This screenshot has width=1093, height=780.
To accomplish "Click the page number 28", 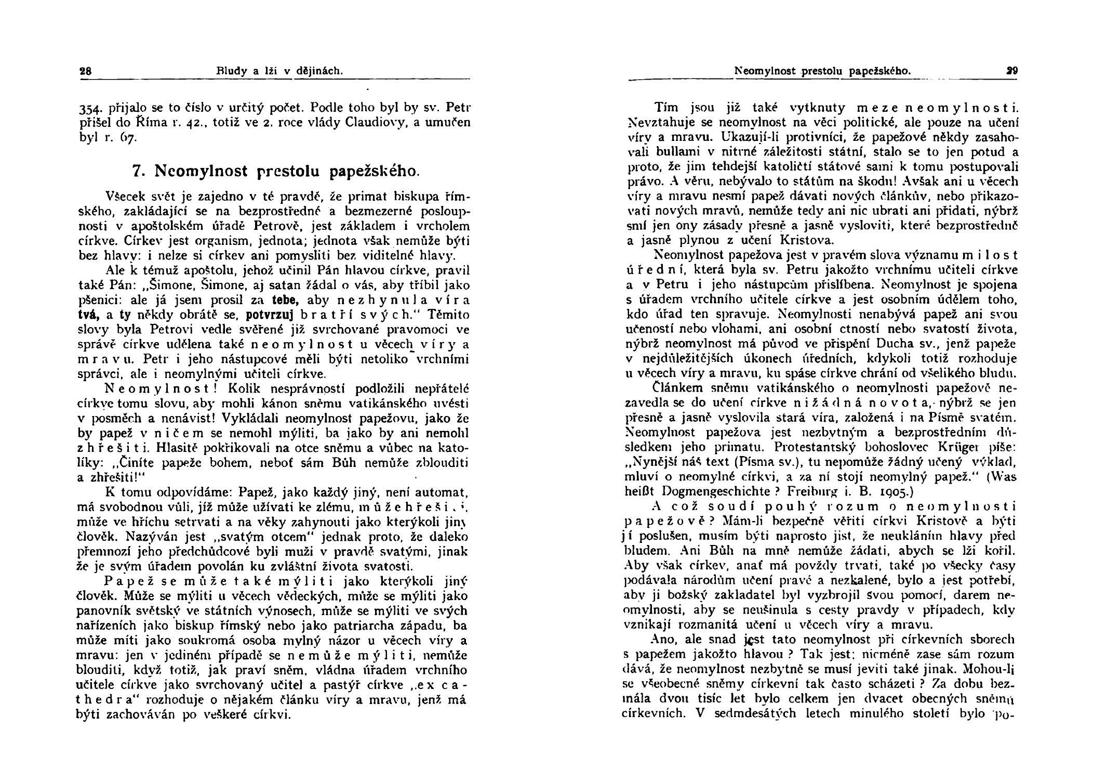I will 85,71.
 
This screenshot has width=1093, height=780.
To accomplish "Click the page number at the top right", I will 1012,71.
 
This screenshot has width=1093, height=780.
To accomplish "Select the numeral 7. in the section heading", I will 139,171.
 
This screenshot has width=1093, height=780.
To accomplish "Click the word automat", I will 447,492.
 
